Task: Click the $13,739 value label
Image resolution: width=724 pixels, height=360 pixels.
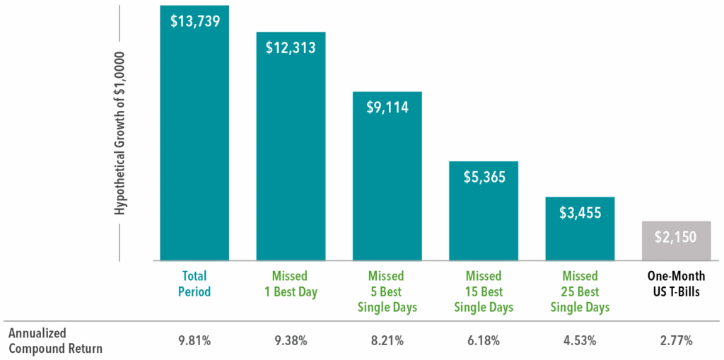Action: (194, 21)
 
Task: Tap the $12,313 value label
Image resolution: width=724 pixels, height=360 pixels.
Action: (291, 47)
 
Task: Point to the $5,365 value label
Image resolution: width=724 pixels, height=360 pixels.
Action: (484, 177)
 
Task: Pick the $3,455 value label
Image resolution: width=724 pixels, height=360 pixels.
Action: (580, 211)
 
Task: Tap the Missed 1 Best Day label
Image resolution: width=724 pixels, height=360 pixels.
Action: (290, 284)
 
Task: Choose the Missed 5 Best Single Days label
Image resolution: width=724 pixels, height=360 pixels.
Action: (387, 291)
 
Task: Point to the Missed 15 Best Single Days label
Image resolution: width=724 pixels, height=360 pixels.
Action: (484, 291)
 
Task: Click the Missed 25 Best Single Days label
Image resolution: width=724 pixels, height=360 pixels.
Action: (580, 291)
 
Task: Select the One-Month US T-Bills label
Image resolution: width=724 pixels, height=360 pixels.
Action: (677, 284)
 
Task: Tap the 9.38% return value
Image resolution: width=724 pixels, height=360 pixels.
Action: (290, 341)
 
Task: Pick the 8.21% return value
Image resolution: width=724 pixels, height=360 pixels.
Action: (387, 341)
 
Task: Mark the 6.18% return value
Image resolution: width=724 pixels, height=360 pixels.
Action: (484, 341)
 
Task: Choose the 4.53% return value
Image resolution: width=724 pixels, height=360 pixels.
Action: (580, 341)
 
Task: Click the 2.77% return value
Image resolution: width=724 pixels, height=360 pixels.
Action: (677, 341)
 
